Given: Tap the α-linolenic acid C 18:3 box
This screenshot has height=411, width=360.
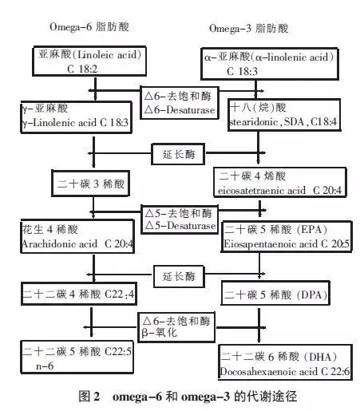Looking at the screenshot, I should (x=272, y=64).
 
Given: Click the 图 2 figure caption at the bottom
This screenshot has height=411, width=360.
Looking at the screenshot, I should (x=180, y=397).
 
